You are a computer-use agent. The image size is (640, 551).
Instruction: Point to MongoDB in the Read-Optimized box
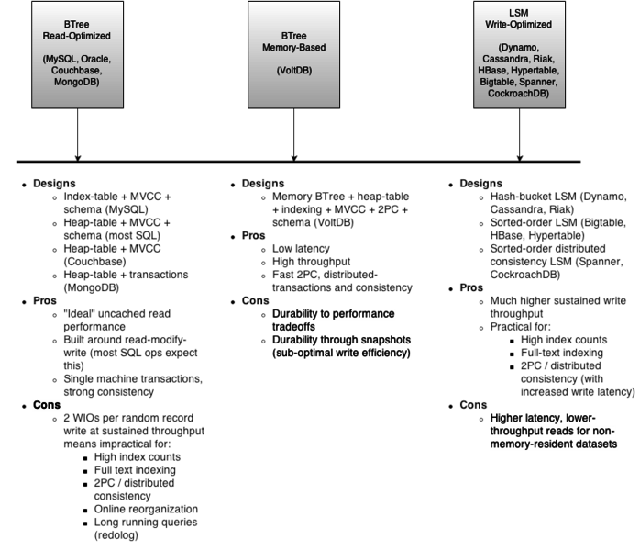click(77, 82)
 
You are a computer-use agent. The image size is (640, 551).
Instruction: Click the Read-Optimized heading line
click(77, 35)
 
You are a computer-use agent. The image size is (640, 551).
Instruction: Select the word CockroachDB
click(519, 93)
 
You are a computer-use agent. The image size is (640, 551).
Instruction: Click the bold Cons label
click(47, 406)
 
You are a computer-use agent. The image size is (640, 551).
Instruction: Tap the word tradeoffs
click(293, 327)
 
